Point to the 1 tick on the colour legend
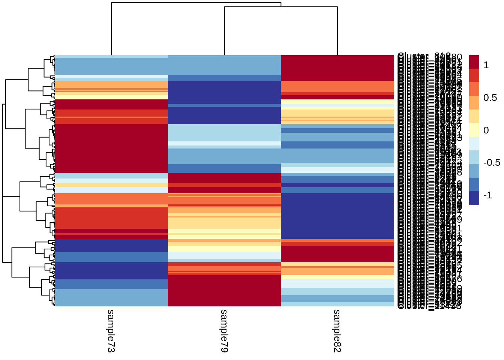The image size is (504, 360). tap(486, 65)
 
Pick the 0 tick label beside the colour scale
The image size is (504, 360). tap(486, 130)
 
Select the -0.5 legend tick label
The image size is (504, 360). tap(492, 163)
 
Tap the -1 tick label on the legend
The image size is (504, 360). tap(487, 195)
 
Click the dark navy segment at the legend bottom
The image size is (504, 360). tap(474, 198)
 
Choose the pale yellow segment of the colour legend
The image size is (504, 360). tap(474, 130)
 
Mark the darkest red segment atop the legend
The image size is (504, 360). tap(474, 62)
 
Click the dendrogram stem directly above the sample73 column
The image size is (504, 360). tap(111, 30)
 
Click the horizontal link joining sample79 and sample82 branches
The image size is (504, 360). tap(281, 7)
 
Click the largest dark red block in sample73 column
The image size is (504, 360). tap(111, 148)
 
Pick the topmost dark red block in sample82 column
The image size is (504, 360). tap(337, 68)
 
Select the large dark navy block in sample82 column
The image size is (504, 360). tap(337, 216)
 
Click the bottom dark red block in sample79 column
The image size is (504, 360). tap(224, 291)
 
